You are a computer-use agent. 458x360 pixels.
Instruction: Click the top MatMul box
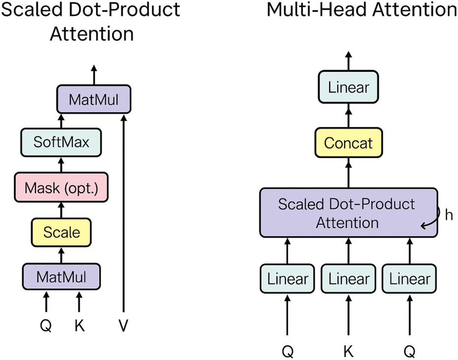pos(94,100)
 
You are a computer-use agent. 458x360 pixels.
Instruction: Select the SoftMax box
pos(61,142)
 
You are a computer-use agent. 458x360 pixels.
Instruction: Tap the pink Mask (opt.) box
pos(61,187)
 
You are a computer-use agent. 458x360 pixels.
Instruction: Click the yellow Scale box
pos(61,232)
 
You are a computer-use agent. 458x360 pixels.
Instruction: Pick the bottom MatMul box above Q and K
pos(61,277)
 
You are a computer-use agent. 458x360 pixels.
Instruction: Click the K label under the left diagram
pos(79,326)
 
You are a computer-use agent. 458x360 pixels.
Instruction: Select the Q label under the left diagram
pos(46,326)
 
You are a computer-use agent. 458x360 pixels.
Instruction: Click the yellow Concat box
pos(349,144)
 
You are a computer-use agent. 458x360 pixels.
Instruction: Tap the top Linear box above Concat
pos(349,88)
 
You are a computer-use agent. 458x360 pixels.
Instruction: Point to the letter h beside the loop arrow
pos(448,215)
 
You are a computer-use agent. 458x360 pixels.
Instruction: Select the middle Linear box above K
pos(349,279)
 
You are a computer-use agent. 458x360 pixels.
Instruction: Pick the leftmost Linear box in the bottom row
pos(288,279)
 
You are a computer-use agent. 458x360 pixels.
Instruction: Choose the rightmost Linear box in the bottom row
pos(409,279)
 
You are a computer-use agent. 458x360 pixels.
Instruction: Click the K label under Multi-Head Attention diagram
pos(349,351)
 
